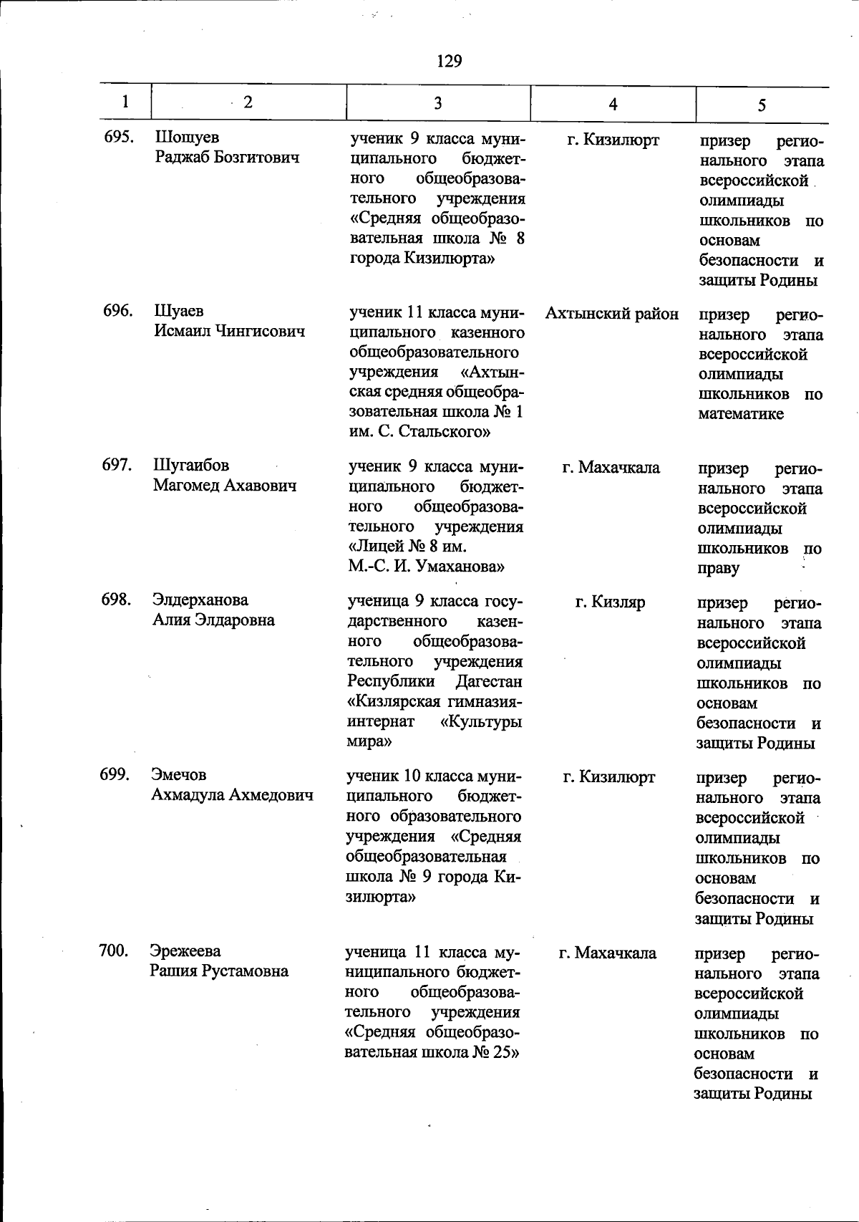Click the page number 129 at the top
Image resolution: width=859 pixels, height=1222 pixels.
tap(449, 62)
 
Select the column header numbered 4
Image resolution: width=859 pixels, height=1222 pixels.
tap(613, 105)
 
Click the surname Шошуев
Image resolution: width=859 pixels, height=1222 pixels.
tap(187, 137)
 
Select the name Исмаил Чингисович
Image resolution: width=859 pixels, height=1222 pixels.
tap(229, 331)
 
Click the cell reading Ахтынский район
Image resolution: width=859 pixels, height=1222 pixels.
tap(612, 314)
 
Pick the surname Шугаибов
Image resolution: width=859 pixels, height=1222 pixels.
tap(191, 465)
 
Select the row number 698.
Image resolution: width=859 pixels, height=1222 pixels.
tap(116, 600)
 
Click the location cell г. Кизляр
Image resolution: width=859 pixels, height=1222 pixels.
tap(610, 602)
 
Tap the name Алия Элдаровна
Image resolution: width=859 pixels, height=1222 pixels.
tap(213, 620)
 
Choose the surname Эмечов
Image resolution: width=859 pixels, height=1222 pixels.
tap(178, 775)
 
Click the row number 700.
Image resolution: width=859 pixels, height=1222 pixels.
tap(114, 951)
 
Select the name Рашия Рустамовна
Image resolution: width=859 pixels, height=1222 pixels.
tap(219, 971)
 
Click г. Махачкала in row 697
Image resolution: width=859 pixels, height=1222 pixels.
tap(611, 468)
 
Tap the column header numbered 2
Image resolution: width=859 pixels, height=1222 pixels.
tap(248, 102)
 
